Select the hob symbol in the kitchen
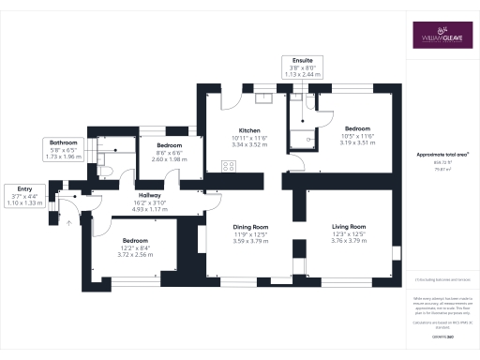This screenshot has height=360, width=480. [x=227, y=166]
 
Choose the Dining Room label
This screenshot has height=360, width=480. [x=250, y=227]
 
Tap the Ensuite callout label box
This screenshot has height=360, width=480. [x=303, y=67]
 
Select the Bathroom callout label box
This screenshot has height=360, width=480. [x=65, y=148]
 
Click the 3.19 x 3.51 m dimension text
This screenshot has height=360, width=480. [x=355, y=144]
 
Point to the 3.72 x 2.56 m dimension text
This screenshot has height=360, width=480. [x=136, y=254]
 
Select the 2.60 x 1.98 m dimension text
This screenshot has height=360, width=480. [x=169, y=159]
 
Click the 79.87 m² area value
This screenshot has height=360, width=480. [x=442, y=169]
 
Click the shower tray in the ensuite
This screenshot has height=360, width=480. [x=301, y=140]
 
